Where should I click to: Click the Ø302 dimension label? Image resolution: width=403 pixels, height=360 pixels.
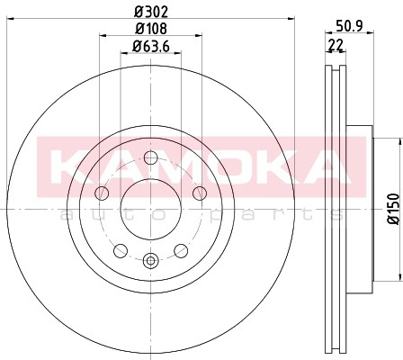151,12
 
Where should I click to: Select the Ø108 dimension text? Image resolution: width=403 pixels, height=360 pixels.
151,29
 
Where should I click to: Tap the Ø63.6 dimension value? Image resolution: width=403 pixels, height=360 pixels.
151,46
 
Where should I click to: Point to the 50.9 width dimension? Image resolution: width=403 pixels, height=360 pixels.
349,26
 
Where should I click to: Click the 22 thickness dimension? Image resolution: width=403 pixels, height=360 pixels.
336,45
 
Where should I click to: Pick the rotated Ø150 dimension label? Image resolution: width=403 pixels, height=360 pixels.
393,209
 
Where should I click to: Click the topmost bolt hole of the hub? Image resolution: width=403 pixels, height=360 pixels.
151,157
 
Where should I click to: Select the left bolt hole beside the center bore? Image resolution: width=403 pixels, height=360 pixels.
102,193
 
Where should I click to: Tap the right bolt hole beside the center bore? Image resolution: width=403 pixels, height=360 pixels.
200,193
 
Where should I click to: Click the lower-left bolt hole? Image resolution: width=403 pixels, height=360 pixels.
121,250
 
